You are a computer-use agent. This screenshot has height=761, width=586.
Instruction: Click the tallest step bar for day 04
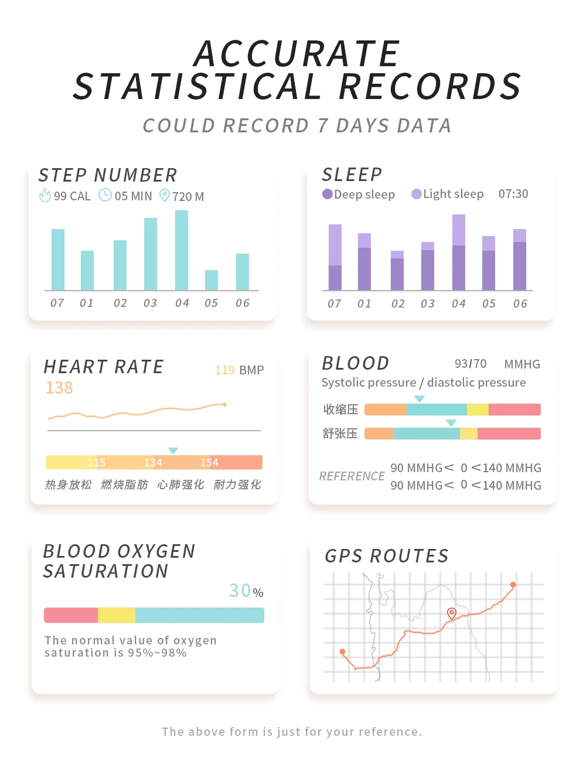[182, 250]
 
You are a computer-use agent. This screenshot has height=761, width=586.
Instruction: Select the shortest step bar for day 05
[212, 280]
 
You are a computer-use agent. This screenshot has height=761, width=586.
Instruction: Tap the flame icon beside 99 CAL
[45, 195]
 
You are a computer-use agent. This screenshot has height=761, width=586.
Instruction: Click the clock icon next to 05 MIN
[105, 195]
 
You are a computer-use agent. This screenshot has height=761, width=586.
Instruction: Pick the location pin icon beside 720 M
[165, 195]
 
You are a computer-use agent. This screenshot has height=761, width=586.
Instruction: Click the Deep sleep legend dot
[328, 194]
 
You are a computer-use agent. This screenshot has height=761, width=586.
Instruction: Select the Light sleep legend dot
[417, 194]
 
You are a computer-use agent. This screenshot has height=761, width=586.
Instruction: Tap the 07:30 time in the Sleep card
[513, 194]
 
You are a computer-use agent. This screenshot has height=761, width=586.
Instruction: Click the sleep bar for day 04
[459, 252]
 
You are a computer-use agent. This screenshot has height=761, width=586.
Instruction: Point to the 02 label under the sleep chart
[398, 303]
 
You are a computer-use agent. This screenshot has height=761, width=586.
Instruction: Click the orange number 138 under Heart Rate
[59, 388]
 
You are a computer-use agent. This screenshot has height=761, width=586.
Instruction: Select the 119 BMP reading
[239, 370]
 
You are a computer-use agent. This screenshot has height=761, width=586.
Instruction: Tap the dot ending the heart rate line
[224, 404]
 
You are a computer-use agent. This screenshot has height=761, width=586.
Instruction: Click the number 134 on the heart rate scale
[153, 463]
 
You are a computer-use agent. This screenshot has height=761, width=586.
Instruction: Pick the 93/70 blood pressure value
[471, 364]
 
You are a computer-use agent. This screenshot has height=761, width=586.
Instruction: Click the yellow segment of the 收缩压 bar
[478, 409]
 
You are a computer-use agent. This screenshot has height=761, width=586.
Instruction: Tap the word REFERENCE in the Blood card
[352, 476]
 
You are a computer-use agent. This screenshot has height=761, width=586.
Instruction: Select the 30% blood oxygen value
[246, 591]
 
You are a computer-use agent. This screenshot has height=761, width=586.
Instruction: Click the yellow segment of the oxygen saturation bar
[117, 615]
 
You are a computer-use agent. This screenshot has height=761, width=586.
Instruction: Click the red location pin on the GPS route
[452, 613]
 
